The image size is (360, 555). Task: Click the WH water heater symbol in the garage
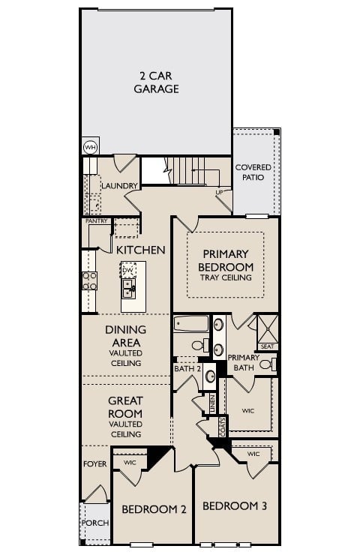click(x=90, y=147)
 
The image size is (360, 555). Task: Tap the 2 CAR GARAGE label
click(x=156, y=82)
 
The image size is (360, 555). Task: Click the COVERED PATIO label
click(x=253, y=172)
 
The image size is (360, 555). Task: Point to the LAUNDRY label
click(x=119, y=186)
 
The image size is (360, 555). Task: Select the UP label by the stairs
click(x=219, y=193)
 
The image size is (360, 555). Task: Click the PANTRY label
click(x=96, y=221)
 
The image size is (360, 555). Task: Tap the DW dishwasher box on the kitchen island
click(x=127, y=270)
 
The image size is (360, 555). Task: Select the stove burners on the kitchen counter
click(x=89, y=280)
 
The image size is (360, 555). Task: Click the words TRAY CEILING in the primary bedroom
click(x=226, y=277)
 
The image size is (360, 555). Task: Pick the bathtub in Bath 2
click(x=190, y=325)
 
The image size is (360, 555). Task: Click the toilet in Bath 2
click(x=199, y=346)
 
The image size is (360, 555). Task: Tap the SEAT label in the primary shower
click(x=267, y=346)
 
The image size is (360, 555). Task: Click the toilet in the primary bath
click(x=267, y=364)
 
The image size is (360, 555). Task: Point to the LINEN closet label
click(x=212, y=403)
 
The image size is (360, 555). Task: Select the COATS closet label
click(x=223, y=427)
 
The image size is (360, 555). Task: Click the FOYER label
click(x=94, y=464)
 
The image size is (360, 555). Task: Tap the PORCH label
click(x=94, y=523)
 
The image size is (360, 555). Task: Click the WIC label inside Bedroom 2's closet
click(x=130, y=462)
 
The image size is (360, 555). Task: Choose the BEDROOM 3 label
click(x=235, y=505)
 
